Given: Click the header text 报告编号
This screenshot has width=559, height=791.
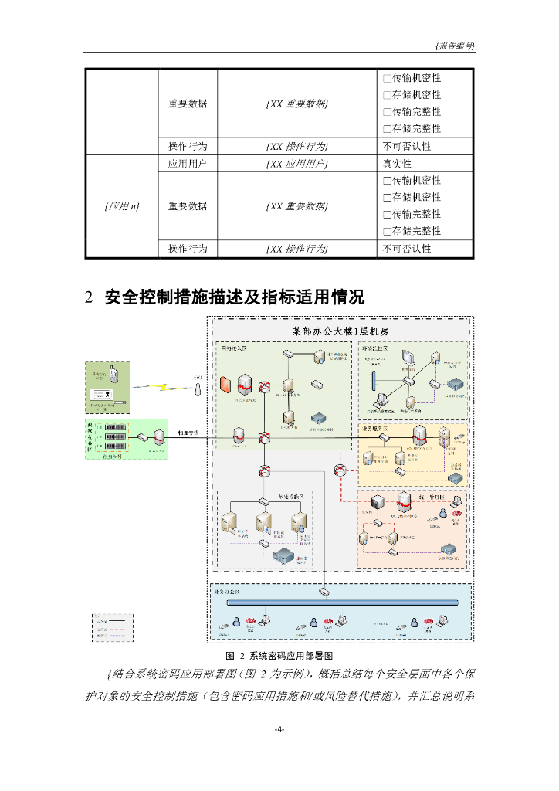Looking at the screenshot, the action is pyautogui.click(x=456, y=46).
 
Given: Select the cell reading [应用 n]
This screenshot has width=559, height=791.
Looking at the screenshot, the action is pyautogui.click(x=121, y=206).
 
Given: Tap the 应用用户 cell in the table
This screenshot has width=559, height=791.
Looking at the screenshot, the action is pyautogui.click(x=188, y=164).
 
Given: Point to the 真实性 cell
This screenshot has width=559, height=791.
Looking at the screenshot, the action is pyautogui.click(x=398, y=164).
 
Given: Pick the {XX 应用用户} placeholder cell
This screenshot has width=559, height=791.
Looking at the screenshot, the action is pyautogui.click(x=296, y=164).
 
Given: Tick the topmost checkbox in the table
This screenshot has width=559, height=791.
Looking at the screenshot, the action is pyautogui.click(x=387, y=78).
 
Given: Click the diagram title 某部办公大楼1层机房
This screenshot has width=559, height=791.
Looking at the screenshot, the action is pyautogui.click(x=340, y=331).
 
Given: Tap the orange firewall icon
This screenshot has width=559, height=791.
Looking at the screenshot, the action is pyautogui.click(x=225, y=385).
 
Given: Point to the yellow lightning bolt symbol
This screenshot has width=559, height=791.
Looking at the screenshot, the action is pyautogui.click(x=164, y=385).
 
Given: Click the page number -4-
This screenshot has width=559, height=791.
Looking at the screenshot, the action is pyautogui.click(x=279, y=729).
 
